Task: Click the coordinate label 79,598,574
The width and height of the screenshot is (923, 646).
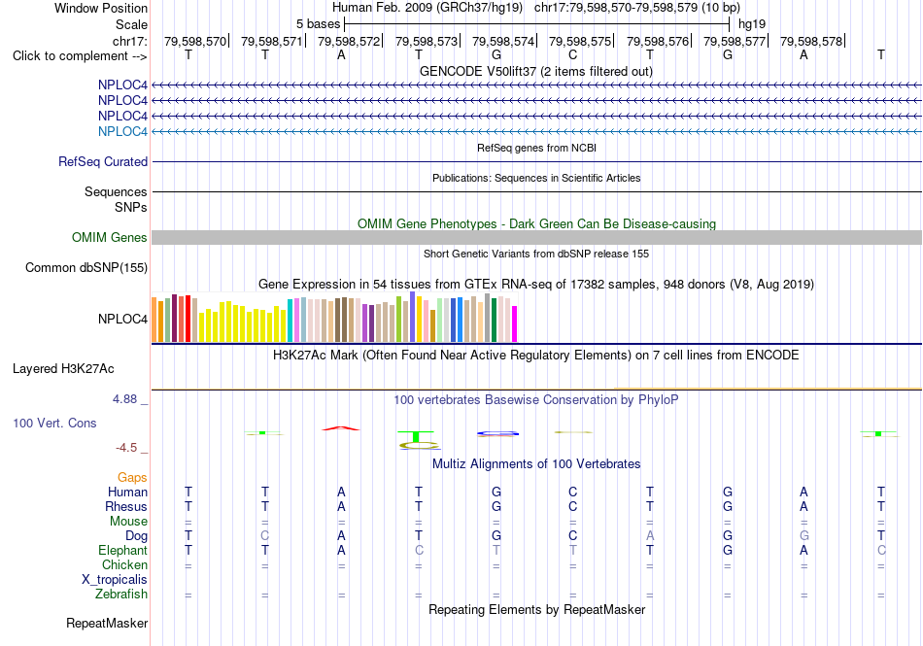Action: pyautogui.click(x=502, y=41)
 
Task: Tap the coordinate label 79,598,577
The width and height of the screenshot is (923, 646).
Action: pyautogui.click(x=735, y=41)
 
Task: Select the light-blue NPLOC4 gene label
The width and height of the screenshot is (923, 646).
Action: pyautogui.click(x=122, y=131)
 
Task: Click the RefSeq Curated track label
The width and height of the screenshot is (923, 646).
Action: pyautogui.click(x=103, y=162)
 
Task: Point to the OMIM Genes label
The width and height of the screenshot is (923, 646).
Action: pyautogui.click(x=110, y=237)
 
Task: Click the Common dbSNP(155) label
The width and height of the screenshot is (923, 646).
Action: pyautogui.click(x=86, y=268)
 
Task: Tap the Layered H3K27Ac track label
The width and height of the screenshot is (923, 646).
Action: pyautogui.click(x=63, y=369)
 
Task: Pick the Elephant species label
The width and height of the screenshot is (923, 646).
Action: pyautogui.click(x=122, y=550)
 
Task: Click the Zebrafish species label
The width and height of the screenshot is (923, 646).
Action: pyautogui.click(x=121, y=595)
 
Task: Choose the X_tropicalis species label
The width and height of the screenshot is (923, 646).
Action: pyautogui.click(x=115, y=580)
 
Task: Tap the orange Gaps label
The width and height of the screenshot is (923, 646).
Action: pyautogui.click(x=132, y=477)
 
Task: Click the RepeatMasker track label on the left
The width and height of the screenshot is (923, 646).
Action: pyautogui.click(x=107, y=623)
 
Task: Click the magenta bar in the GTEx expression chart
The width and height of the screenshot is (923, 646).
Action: pyautogui.click(x=515, y=323)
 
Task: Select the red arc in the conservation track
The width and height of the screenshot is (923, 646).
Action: pyautogui.click(x=341, y=428)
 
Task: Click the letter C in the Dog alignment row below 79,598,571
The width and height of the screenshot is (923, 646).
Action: pyautogui.click(x=265, y=535)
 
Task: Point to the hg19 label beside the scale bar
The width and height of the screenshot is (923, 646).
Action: pyautogui.click(x=752, y=24)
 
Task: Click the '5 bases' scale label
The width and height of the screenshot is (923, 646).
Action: pyautogui.click(x=318, y=24)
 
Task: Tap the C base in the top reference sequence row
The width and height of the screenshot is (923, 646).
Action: pyautogui.click(x=573, y=54)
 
